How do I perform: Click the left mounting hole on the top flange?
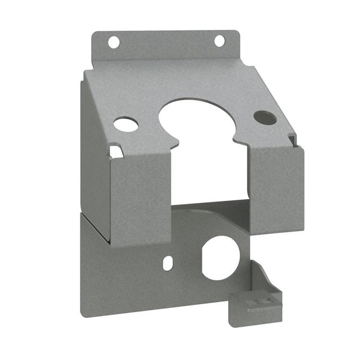[x=114, y=42]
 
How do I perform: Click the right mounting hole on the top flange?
[x=219, y=41]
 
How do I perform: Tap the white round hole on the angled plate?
[x=126, y=124]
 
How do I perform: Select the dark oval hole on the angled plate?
[x=265, y=118]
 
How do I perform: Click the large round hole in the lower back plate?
[x=220, y=258]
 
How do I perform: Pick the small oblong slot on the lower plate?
[x=167, y=263]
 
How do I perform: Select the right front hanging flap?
[x=276, y=188]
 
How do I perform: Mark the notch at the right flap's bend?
[x=291, y=138]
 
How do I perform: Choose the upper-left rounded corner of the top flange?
[x=94, y=34]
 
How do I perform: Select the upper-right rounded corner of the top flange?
[x=237, y=33]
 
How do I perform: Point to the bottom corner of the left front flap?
[x=112, y=245]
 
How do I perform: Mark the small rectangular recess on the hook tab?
[x=259, y=303]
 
